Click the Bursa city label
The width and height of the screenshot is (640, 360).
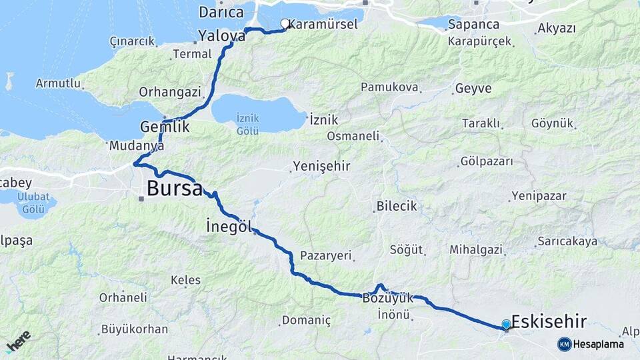point(175,189)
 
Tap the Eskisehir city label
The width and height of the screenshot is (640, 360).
point(549,322)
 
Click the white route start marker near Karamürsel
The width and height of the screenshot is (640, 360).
point(285,24)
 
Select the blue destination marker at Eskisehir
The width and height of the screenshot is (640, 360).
point(506,325)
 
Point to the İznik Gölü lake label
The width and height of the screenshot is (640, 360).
point(247,125)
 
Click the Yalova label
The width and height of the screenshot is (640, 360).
point(222,36)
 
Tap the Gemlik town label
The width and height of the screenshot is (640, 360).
point(165,127)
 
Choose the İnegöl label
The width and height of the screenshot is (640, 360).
point(229,227)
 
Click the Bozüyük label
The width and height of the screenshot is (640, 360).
point(387,299)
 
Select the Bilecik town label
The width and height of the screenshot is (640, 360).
point(397,207)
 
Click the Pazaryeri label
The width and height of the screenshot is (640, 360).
point(325,256)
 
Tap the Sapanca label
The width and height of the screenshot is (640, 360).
point(474,25)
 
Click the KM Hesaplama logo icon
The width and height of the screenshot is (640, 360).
point(565,344)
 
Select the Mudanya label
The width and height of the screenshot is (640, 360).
point(137,145)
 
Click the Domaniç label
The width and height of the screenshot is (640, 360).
point(306,321)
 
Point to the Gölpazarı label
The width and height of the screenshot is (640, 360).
point(487,162)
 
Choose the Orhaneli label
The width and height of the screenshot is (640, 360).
point(123,297)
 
